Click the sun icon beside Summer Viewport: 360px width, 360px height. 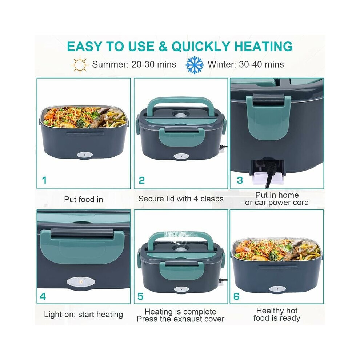[80, 65]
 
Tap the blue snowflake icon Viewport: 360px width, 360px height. [195, 65]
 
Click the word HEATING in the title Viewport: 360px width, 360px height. [263, 47]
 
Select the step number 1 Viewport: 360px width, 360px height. [44, 180]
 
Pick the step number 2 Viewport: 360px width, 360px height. [142, 180]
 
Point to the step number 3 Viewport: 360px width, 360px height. [240, 180]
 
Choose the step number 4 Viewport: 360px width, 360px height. [43, 296]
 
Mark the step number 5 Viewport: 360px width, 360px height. [140, 296]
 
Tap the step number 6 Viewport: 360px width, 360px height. [236, 296]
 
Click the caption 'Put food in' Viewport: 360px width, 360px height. [84, 199]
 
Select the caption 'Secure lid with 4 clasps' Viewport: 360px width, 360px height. [181, 199]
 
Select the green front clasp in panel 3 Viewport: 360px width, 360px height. [268, 117]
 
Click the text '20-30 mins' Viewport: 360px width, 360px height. [153, 64]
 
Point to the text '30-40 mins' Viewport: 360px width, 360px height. [261, 64]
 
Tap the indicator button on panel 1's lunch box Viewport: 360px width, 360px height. [84, 155]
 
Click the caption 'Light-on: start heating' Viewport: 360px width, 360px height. [84, 315]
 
